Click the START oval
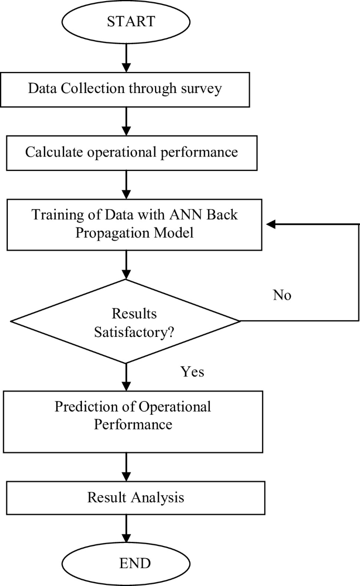tap(131, 22)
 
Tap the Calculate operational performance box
tap(131, 152)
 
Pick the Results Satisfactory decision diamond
tap(126, 321)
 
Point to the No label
tap(282, 295)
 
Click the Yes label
tap(192, 372)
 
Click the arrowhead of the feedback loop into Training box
tap(271, 224)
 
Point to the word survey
tap(202, 88)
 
